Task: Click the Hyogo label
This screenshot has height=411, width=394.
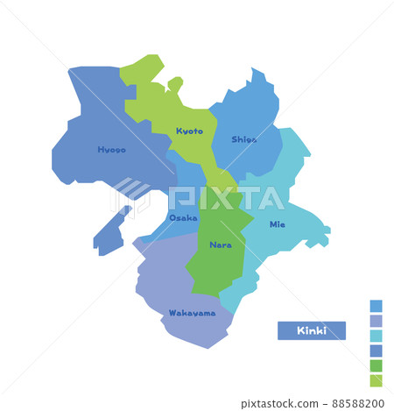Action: [111, 150]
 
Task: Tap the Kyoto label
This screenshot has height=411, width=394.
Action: [189, 131]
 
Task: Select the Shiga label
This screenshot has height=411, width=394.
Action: [244, 139]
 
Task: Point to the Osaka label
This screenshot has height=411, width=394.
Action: [183, 217]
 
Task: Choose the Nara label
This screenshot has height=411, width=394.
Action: [221, 245]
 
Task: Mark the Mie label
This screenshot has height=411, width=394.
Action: [277, 224]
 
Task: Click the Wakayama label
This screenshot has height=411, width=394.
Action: [192, 313]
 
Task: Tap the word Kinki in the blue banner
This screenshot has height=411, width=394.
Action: [311, 330]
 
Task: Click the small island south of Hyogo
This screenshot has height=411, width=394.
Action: [110, 235]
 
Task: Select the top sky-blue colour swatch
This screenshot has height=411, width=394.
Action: [376, 306]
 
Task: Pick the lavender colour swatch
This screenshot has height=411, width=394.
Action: [376, 321]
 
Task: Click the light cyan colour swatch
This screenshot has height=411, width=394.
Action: [376, 336]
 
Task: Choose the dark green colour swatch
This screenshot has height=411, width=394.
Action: [376, 365]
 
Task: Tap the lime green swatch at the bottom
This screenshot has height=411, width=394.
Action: [376, 380]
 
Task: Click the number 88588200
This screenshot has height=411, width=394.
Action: [355, 403]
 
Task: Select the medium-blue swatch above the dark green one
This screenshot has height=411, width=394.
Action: [376, 351]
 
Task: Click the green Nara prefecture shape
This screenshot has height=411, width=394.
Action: [219, 263]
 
